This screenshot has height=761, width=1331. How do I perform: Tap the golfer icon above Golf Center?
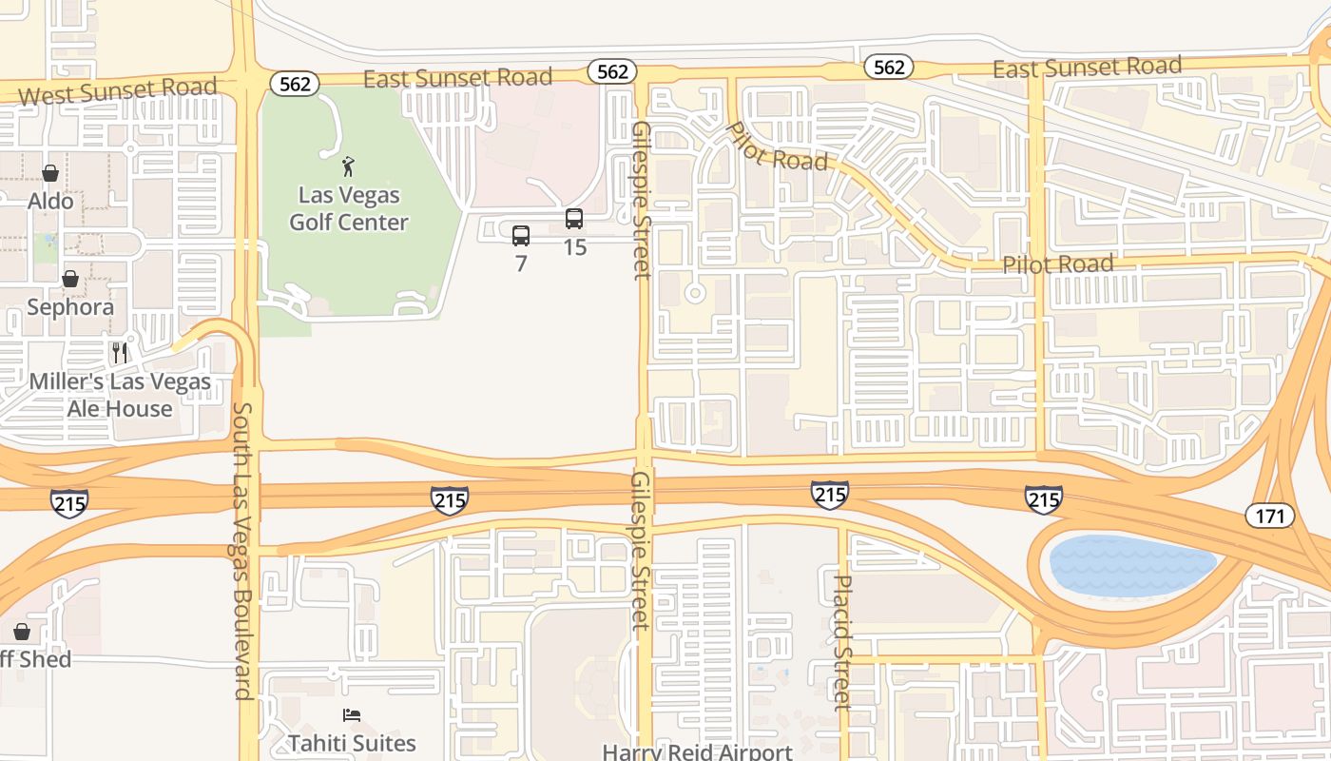349,167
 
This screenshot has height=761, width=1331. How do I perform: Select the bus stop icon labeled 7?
521,236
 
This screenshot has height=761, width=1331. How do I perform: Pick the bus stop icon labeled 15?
574,219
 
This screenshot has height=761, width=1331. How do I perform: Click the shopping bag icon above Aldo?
50,173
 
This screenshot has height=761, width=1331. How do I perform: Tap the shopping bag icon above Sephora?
70,279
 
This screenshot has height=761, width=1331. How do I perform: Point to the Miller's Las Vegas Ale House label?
120,395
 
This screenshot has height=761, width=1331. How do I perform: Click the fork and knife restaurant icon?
120,353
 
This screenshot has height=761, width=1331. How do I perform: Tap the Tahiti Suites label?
352,743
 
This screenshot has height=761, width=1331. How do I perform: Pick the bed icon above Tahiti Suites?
352,715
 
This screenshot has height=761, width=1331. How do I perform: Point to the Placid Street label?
842,642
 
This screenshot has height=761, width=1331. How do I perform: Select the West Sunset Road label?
118,92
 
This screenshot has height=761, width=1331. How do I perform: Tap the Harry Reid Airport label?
697,751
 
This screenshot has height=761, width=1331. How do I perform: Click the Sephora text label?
70,307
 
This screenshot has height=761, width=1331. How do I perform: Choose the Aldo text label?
50,201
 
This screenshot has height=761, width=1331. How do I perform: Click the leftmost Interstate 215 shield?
69,502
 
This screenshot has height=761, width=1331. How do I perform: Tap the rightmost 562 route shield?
889,67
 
